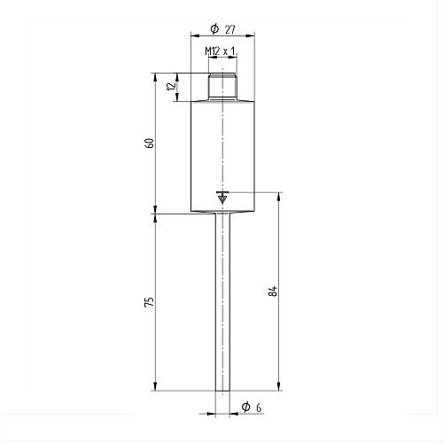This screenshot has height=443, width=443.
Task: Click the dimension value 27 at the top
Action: coord(230,29)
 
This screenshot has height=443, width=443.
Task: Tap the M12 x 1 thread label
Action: coord(220,51)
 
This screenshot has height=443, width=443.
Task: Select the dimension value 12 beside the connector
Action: coord(171,86)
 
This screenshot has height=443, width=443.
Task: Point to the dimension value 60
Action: coord(150,143)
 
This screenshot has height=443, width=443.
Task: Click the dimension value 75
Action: coord(150,301)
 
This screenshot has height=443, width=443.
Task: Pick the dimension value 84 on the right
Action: coord(273,291)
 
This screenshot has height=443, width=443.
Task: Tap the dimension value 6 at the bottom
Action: coord(259,408)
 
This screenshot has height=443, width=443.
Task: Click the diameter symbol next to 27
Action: coord(214,28)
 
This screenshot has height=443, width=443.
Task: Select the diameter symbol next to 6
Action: coord(245,407)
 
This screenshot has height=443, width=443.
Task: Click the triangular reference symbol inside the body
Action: coord(222,198)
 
